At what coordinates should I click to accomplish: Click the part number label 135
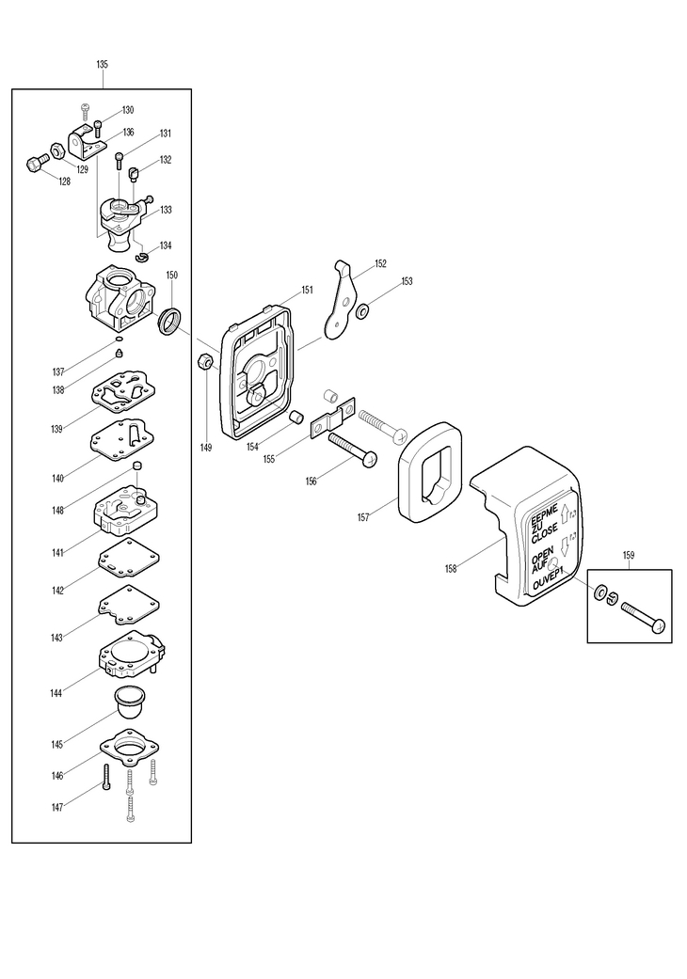(103, 64)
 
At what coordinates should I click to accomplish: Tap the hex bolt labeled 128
(38, 163)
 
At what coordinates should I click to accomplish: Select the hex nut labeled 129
(56, 151)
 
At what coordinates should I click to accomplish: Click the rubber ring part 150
(170, 319)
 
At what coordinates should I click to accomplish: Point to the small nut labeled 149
(205, 361)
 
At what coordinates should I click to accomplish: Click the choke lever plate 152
(341, 300)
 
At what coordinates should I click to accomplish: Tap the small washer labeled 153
(361, 310)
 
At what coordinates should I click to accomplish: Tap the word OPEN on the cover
(542, 556)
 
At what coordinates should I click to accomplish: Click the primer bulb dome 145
(128, 703)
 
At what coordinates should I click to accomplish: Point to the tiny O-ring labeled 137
(118, 339)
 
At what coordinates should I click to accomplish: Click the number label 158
(451, 569)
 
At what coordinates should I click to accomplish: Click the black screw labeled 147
(106, 777)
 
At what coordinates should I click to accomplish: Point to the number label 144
(56, 693)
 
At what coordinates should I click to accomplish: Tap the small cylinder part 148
(137, 467)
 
